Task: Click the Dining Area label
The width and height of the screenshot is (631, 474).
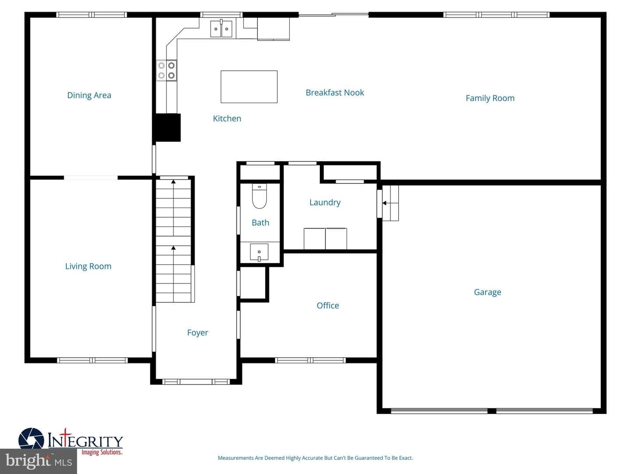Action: (x=89, y=95)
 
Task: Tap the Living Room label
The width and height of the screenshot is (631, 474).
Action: (x=88, y=266)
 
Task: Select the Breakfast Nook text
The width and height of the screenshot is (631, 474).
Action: (x=335, y=93)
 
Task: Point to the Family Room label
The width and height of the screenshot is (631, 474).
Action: (x=490, y=98)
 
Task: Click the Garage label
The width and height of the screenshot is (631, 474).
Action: (x=487, y=292)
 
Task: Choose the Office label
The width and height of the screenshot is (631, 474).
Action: (x=328, y=305)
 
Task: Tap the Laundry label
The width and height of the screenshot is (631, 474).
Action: (x=325, y=203)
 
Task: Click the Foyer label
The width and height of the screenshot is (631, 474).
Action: (x=198, y=333)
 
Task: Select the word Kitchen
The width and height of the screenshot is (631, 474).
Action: (x=227, y=118)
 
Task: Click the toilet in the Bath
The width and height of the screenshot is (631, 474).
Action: (x=259, y=196)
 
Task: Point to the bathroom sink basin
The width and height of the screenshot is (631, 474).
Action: (x=259, y=252)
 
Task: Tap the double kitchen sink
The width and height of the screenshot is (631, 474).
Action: (x=221, y=29)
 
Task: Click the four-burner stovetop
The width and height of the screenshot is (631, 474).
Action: (x=167, y=71)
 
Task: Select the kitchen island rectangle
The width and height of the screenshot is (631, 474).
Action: (x=249, y=86)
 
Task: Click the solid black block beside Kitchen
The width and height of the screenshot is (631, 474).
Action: (x=167, y=127)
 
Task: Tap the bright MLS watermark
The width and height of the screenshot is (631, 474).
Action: (x=39, y=461)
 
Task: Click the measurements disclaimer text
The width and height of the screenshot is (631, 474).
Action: (x=315, y=458)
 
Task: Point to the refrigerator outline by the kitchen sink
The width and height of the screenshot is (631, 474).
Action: (x=273, y=29)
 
